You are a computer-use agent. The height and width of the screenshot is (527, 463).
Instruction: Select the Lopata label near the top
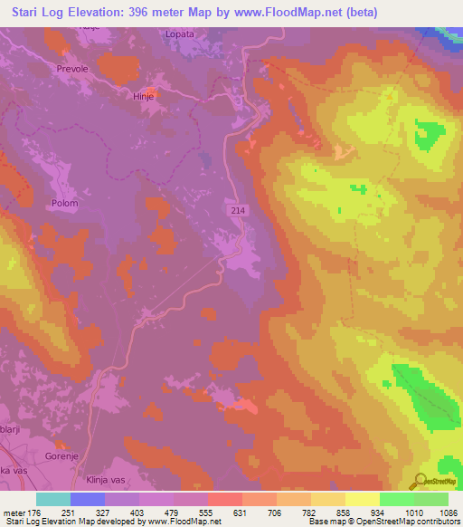tap(179, 34)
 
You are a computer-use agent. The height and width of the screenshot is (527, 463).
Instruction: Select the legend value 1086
tap(438, 513)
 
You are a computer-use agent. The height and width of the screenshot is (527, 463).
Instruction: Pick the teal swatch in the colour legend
tap(53, 499)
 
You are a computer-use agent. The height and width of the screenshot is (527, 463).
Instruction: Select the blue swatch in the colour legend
tap(88, 499)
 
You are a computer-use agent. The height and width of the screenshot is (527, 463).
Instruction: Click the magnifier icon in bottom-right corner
tap(420, 482)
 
